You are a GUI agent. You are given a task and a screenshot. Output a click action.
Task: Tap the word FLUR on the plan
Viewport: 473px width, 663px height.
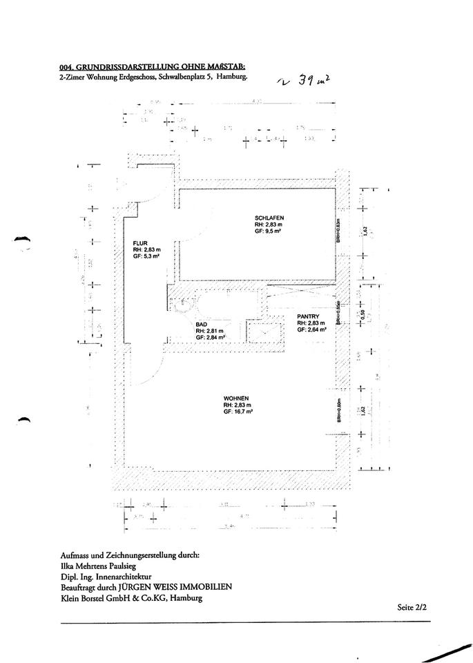[x=140, y=242]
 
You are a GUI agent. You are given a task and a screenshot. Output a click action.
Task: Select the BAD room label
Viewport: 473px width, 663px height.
[x=202, y=324]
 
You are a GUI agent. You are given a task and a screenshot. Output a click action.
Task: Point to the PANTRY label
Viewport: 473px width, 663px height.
[x=308, y=316]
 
